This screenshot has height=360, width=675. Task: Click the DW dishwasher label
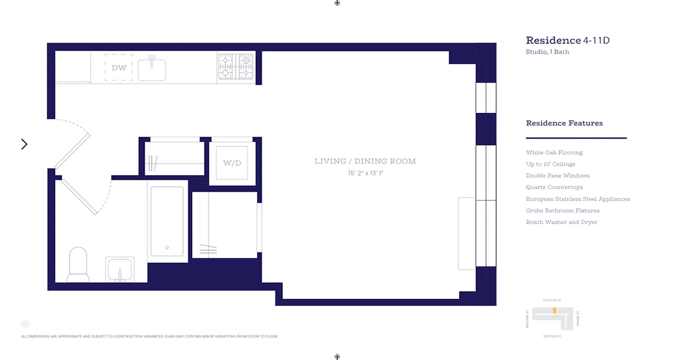point(119,68)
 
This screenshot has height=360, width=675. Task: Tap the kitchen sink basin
point(152,70)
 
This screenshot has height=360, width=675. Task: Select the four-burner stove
point(236,67)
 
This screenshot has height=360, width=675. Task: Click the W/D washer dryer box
point(232,163)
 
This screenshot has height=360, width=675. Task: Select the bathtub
point(167,221)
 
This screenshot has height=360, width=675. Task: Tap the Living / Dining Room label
point(365,161)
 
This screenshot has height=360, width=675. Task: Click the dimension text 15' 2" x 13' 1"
point(365,173)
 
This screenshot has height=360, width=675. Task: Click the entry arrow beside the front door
point(24,144)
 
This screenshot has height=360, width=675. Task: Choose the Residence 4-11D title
point(567,40)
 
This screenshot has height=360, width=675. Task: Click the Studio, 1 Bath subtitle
point(547,52)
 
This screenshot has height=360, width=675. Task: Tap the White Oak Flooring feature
point(554,153)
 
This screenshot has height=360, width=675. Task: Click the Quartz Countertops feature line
point(554,187)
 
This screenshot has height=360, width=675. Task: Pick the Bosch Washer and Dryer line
point(562,222)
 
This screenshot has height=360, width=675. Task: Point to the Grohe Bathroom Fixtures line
point(562,211)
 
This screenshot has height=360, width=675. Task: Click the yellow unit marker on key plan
point(554,310)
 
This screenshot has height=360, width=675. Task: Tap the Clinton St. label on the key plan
point(552,300)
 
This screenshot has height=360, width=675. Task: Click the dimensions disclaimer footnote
point(149,336)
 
